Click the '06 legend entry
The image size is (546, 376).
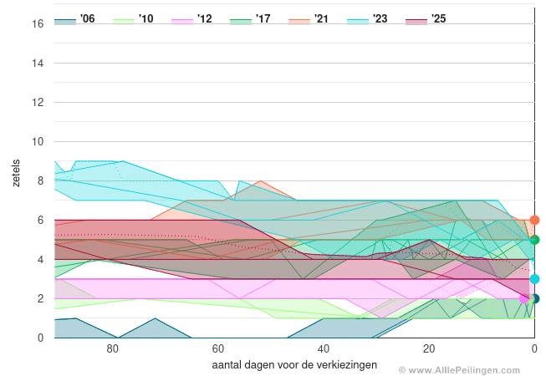pyautogui.click(x=74, y=19)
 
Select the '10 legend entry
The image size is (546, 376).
pyautogui.click(x=133, y=19)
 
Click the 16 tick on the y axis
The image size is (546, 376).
pyautogui.click(x=38, y=24)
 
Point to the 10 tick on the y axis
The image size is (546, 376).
pyautogui.click(x=38, y=142)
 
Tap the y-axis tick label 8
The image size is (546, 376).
pyautogui.click(x=40, y=181)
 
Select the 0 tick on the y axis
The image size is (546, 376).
pyautogui.click(x=40, y=338)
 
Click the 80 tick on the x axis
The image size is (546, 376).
pyautogui.click(x=112, y=350)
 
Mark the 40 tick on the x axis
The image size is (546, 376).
pyautogui.click(x=323, y=350)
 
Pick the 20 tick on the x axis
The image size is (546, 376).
pyautogui.click(x=428, y=350)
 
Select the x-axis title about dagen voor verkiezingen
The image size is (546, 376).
pyautogui.click(x=294, y=365)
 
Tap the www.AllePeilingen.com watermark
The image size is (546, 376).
pyautogui.click(x=471, y=369)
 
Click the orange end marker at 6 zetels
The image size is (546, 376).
pyautogui.click(x=534, y=221)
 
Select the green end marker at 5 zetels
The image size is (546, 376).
pyautogui.click(x=534, y=240)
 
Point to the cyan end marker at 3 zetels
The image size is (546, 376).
pyautogui.click(x=534, y=279)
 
